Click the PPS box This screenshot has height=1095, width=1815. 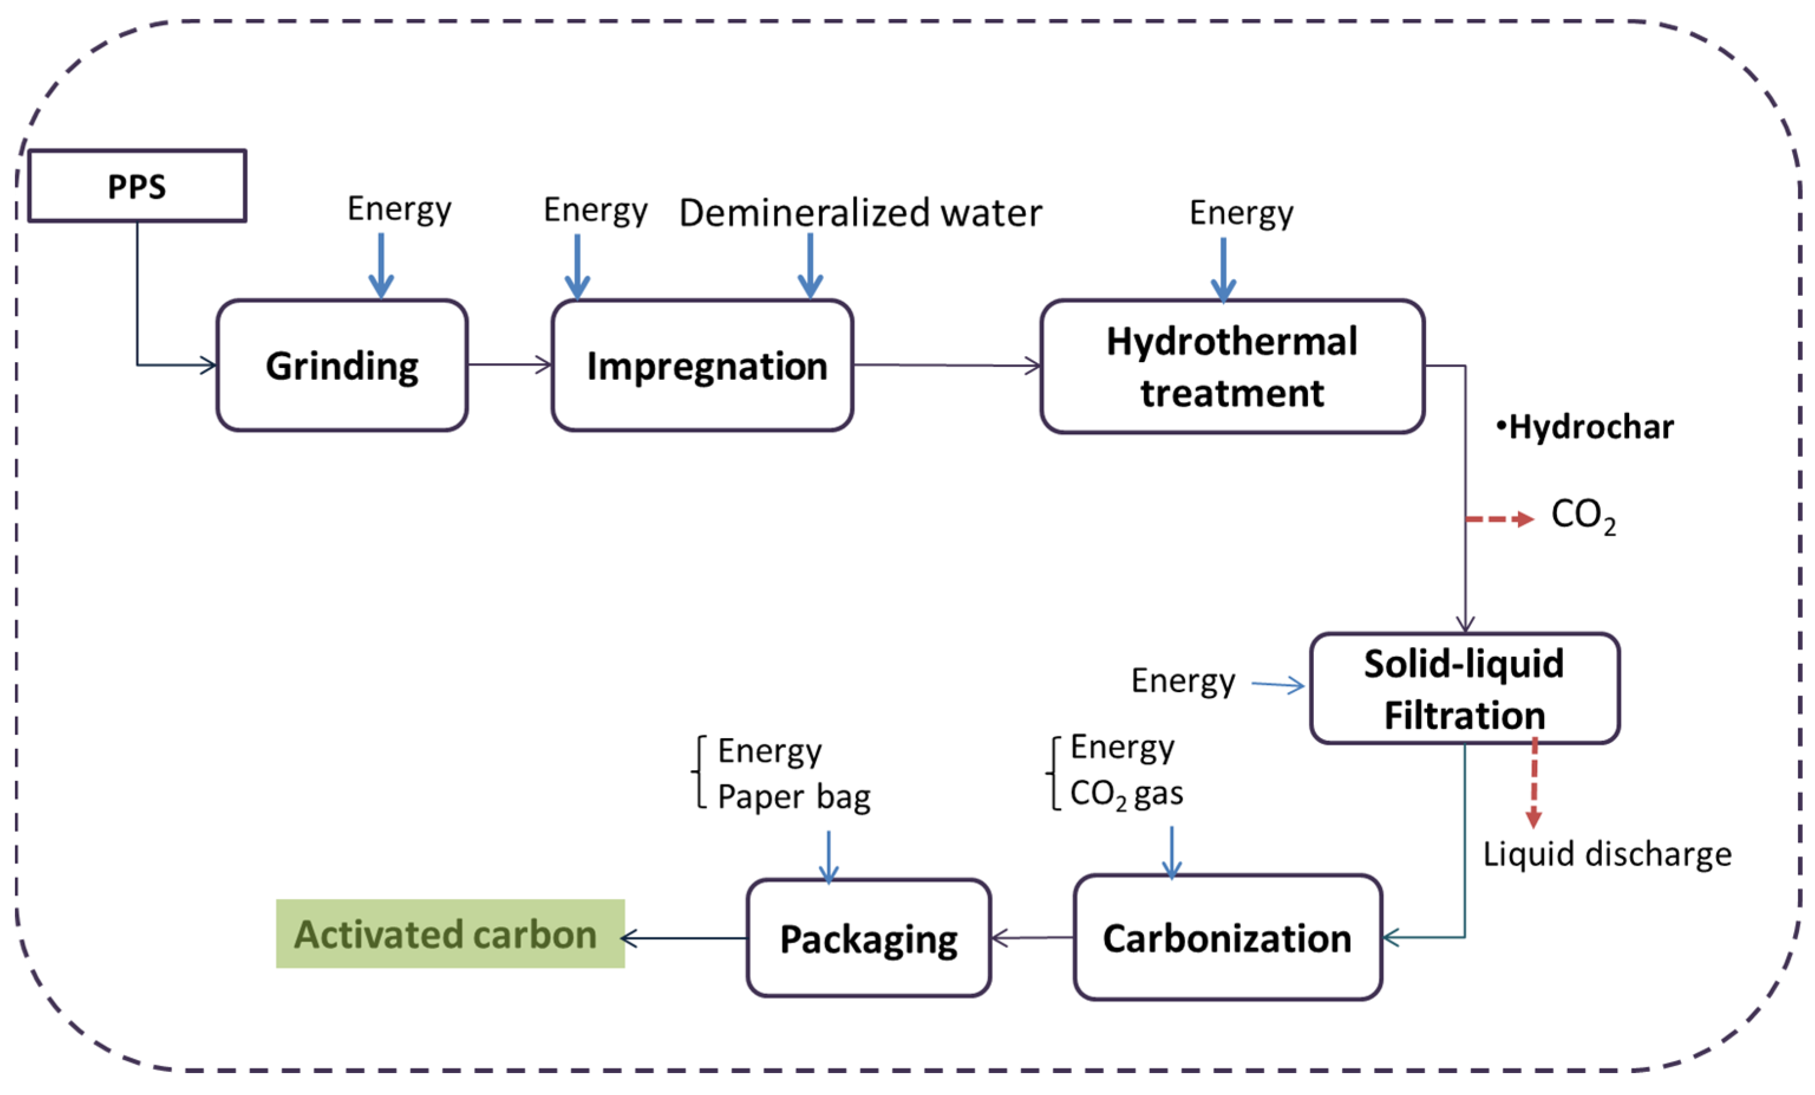[x=137, y=185]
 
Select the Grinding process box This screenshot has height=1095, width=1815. [x=342, y=366]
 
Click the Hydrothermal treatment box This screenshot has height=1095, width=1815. [x=1232, y=366]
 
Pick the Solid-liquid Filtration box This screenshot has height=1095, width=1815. [x=1464, y=688]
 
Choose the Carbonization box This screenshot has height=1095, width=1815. [x=1227, y=937]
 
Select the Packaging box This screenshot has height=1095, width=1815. [x=868, y=938]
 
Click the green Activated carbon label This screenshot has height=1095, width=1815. [x=450, y=934]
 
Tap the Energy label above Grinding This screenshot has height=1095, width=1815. [x=399, y=209]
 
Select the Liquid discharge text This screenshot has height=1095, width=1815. [x=1607, y=854]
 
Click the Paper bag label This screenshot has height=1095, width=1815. [x=793, y=797]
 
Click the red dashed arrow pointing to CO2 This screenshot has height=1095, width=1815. [x=1499, y=520]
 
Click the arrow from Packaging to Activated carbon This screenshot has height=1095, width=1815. [x=684, y=938]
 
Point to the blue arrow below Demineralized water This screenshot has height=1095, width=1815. [x=810, y=265]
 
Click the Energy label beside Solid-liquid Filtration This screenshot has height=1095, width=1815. [x=1183, y=681]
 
